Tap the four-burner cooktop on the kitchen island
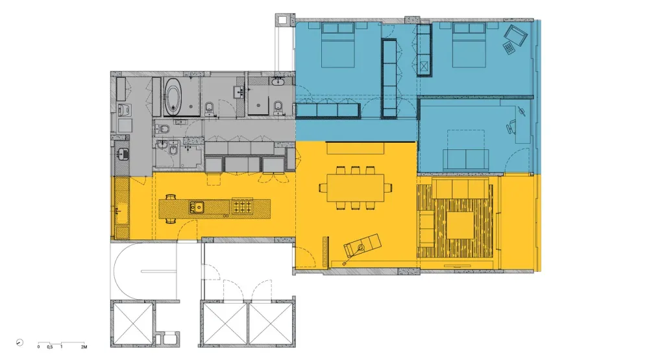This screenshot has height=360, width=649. [243, 207]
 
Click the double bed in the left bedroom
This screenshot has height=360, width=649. [338, 45]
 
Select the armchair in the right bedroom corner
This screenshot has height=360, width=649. [517, 38]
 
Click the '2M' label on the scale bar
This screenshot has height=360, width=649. [84, 348]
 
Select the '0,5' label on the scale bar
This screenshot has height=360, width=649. [49, 348]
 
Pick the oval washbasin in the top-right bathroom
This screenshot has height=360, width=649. [280, 82]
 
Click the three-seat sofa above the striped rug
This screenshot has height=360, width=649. [461, 189]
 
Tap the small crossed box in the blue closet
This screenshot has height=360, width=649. [424, 66]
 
